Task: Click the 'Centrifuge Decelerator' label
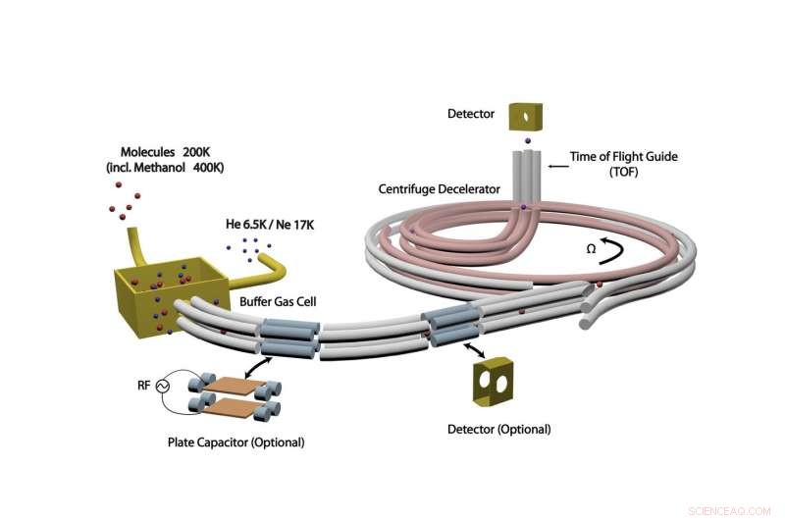(x=441, y=187)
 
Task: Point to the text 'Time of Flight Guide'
(x=624, y=155)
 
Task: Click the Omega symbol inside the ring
(x=592, y=249)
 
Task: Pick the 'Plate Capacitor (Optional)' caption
(x=235, y=442)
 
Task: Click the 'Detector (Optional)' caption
(x=498, y=429)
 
